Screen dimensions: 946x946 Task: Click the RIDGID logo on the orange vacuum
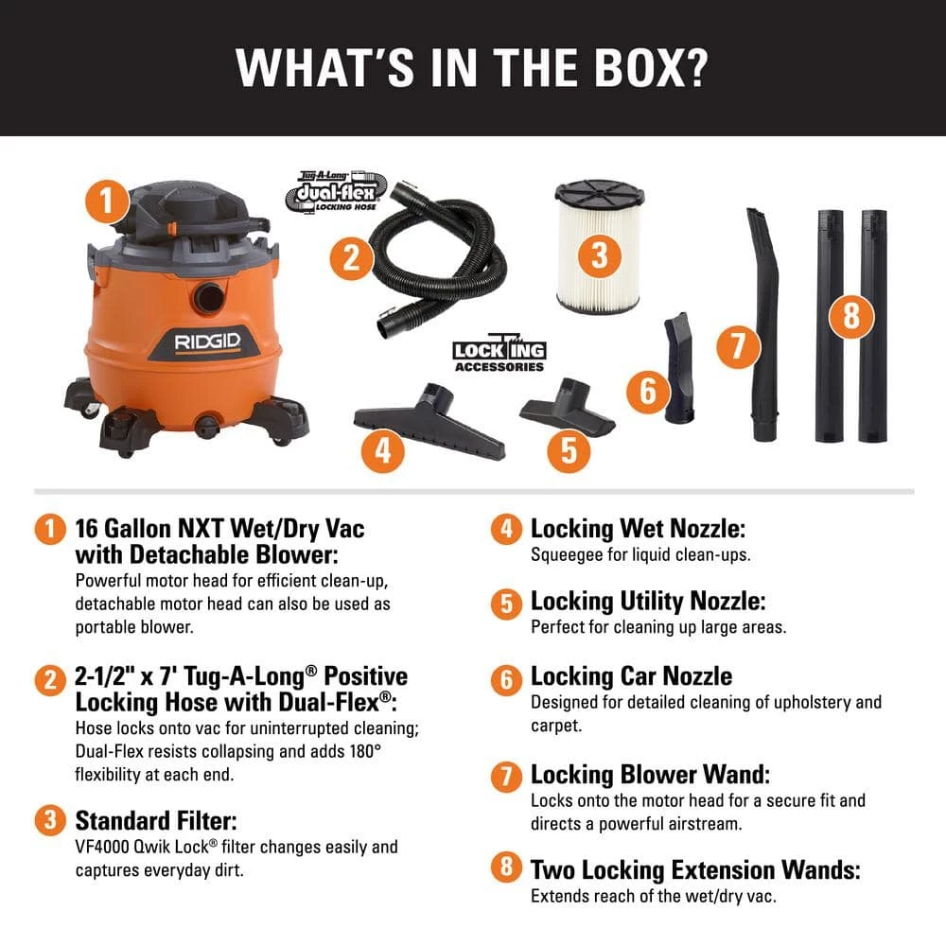coord(207,342)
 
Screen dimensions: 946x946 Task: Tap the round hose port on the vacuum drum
coord(209,298)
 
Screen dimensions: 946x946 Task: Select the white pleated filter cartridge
coord(599,247)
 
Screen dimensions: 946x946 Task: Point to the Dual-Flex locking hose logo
coord(336,192)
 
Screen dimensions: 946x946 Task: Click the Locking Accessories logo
coord(499,354)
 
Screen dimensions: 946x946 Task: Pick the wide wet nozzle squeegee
coord(429,422)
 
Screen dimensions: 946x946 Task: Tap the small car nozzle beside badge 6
coord(678,367)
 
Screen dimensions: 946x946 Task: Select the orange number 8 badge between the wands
coord(851,316)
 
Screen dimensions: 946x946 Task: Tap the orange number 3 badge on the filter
coord(599,254)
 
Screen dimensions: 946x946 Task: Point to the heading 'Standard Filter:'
coord(156,820)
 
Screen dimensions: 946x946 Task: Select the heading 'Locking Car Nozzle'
coord(631,676)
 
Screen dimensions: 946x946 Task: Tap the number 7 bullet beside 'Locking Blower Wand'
coord(506,777)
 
